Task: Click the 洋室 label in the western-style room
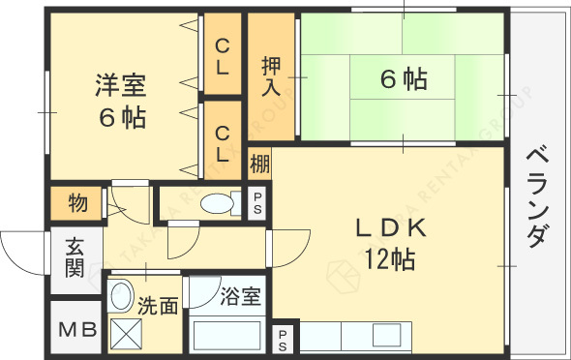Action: click(x=121, y=85)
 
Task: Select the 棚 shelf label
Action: click(x=259, y=161)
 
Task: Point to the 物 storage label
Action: click(x=78, y=203)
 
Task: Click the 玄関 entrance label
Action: click(x=75, y=256)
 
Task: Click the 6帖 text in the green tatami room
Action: click(x=403, y=80)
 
